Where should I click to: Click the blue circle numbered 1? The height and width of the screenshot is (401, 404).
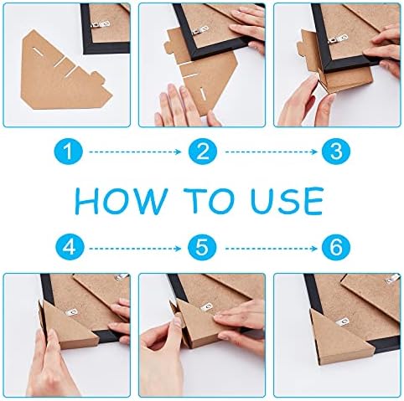69,152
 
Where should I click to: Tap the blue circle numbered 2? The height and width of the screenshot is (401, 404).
203,152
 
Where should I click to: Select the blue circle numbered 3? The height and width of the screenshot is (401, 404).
336,152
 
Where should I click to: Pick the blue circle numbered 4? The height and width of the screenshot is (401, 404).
70,247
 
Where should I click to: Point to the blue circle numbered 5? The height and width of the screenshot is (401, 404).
202,247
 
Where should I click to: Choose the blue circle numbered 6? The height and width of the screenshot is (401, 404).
336,247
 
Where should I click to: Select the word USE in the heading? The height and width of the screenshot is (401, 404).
287,201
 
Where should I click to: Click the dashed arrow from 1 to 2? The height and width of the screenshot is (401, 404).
135,152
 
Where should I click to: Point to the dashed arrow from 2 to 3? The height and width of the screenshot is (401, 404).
272,152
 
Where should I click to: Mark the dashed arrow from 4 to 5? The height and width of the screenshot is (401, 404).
135,248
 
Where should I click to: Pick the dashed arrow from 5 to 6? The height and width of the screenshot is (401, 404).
272,248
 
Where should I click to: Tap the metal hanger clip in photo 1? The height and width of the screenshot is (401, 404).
101,24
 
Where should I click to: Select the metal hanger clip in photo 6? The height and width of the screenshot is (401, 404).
344,322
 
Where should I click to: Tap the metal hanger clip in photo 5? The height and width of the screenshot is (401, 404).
207,307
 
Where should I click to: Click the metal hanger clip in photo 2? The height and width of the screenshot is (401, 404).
199,30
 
